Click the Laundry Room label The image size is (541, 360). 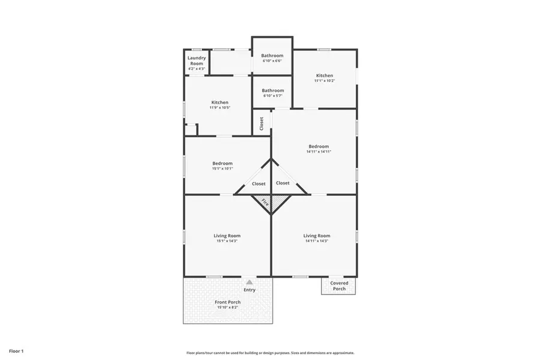[197, 61]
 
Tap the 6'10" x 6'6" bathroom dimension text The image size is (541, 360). [272, 61]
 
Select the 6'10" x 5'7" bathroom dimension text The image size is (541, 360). [272, 96]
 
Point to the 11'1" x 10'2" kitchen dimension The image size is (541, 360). [325, 81]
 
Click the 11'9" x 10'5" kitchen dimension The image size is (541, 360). [219, 108]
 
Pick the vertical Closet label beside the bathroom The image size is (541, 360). [261, 123]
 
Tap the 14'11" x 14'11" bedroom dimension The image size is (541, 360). [319, 151]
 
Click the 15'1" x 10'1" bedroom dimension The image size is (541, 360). [222, 168]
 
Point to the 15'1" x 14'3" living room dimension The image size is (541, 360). [227, 241]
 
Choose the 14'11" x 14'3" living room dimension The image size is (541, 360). [317, 241]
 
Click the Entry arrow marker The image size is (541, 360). [249, 281]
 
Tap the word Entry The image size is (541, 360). [249, 290]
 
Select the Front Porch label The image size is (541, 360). [228, 302]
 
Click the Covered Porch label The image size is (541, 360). [339, 285]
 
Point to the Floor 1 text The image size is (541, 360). [16, 350]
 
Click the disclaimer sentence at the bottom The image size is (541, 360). [270, 353]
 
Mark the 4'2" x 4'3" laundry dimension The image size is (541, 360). [197, 69]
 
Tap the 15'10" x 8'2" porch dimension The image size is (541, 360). [228, 308]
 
